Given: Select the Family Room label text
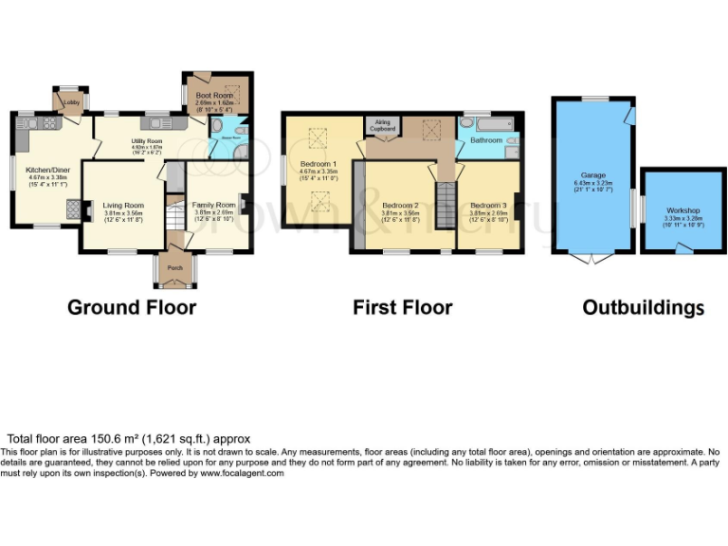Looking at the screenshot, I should coord(214,205).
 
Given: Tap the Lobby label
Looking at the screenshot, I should coord(71,101).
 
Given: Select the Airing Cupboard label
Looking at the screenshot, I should coord(382,124).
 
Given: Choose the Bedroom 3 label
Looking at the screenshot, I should coord(488,205).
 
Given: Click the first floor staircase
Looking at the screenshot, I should coord(445,204).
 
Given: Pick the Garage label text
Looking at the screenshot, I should coord(593,176).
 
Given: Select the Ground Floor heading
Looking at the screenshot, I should coord(132,308).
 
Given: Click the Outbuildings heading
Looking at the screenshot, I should coord(643,308).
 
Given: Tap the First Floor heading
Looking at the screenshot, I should coord(402,308).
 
